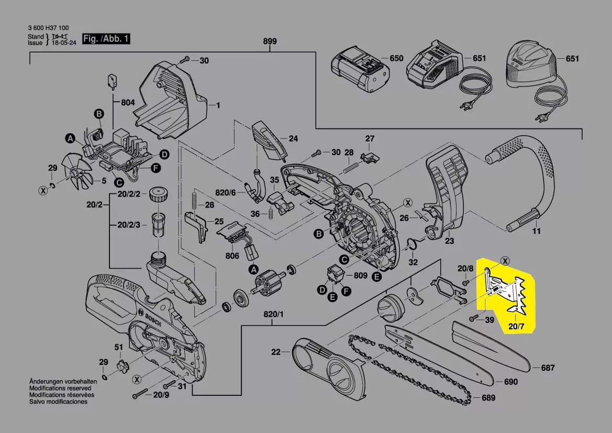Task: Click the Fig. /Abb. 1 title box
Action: (x=107, y=39)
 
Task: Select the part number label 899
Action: (x=270, y=41)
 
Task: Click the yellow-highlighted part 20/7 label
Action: (x=516, y=328)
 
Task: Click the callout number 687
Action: (x=547, y=368)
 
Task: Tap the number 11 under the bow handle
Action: (x=536, y=231)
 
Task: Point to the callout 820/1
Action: (x=273, y=315)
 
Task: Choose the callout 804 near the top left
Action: (x=128, y=103)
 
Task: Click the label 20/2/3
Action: (x=129, y=225)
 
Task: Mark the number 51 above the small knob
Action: (x=119, y=347)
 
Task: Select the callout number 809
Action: (x=360, y=275)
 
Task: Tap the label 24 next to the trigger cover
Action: (x=293, y=139)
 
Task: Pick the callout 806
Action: (x=232, y=256)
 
